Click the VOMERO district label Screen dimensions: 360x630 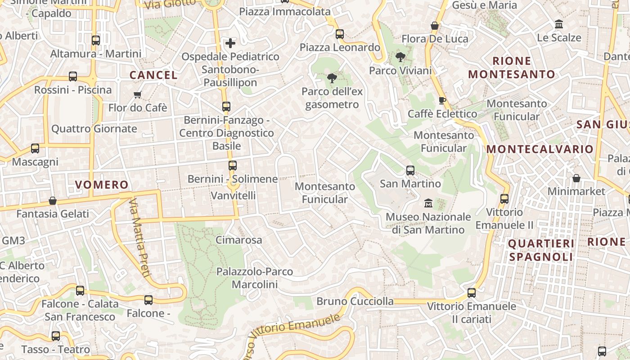102,184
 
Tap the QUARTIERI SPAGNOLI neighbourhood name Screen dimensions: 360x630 541,250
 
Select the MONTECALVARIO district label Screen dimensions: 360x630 540,149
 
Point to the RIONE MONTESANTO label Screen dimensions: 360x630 512,67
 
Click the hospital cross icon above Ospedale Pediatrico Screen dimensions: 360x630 230,43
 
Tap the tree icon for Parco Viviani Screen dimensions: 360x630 400,57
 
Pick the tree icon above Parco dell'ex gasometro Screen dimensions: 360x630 332,78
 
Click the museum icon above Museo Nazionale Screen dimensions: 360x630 427,203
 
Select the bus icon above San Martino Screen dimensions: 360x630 410,171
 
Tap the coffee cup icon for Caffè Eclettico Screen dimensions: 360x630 442,100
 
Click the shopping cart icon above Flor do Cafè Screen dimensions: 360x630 138,94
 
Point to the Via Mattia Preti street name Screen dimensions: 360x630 139,238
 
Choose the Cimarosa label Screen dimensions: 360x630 238,240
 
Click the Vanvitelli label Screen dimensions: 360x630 233,195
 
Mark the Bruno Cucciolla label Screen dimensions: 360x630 355,301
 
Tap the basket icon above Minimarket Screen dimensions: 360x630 576,178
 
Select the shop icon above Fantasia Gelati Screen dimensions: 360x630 53,201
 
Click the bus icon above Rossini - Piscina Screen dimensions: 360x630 73,76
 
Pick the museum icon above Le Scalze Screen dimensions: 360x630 559,24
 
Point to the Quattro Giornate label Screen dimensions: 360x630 94,129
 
